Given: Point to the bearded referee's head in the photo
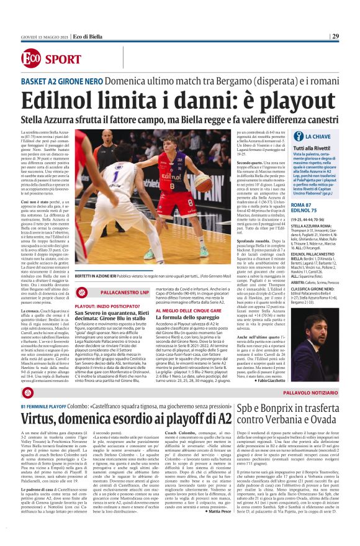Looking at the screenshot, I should tap(106, 136).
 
